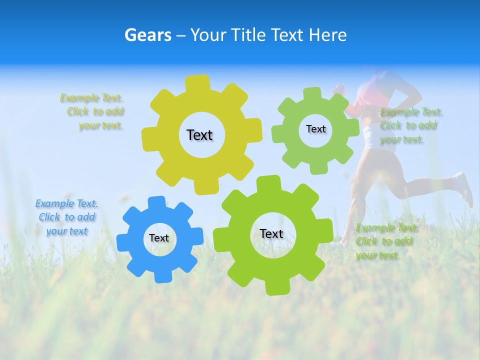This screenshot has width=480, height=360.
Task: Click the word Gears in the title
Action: coord(147,35)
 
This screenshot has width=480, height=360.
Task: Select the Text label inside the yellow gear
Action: coord(199,135)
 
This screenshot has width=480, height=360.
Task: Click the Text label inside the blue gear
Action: coord(159,238)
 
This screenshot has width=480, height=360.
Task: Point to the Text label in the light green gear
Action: coord(315,129)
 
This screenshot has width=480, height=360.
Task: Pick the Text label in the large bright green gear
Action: coord(271,234)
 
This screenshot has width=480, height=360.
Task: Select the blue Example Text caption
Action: coord(66,217)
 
